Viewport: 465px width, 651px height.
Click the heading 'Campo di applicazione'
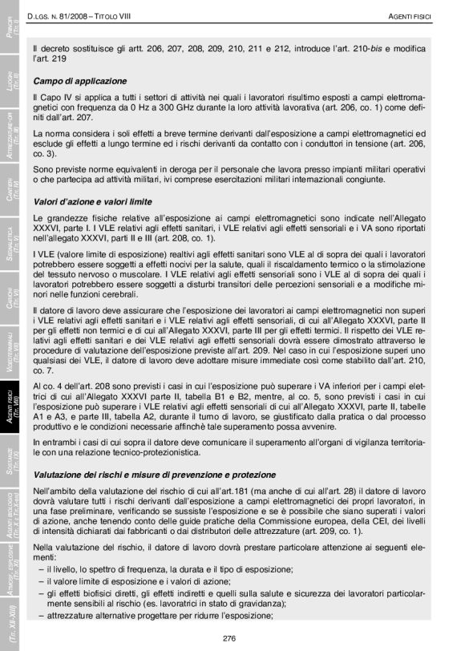pyautogui.click(x=79, y=81)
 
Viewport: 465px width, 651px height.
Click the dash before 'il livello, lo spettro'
pyautogui.click(x=41, y=568)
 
